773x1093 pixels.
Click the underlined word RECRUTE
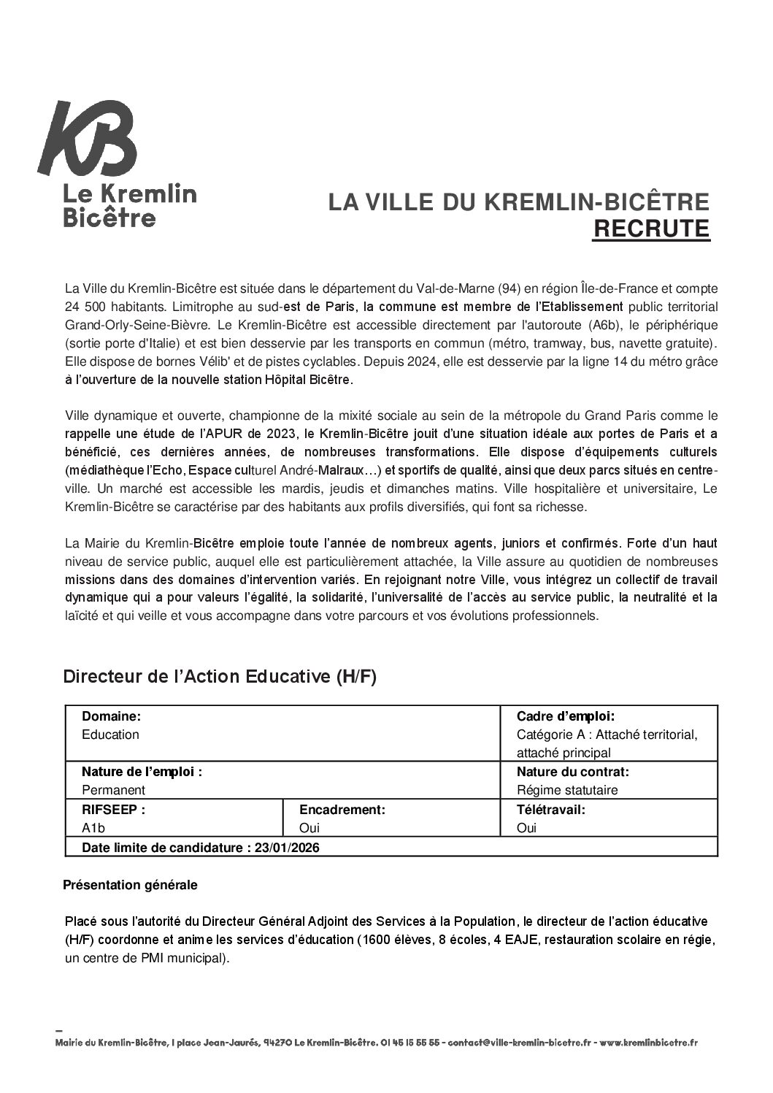click(x=650, y=229)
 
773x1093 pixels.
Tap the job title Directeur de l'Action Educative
click(x=220, y=677)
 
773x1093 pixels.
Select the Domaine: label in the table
click(x=111, y=716)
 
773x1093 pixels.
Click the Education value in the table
click(x=110, y=735)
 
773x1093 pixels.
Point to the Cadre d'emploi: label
click(x=565, y=716)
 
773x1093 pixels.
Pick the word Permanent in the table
click(x=113, y=790)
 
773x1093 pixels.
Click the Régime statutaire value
click(x=567, y=790)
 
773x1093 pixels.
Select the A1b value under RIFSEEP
click(x=93, y=828)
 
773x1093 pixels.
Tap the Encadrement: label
click(x=342, y=809)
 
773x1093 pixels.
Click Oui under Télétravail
click(x=526, y=828)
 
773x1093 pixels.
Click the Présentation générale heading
click(x=130, y=885)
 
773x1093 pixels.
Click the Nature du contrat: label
click(x=572, y=771)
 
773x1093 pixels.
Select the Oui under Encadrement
click(x=309, y=828)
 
